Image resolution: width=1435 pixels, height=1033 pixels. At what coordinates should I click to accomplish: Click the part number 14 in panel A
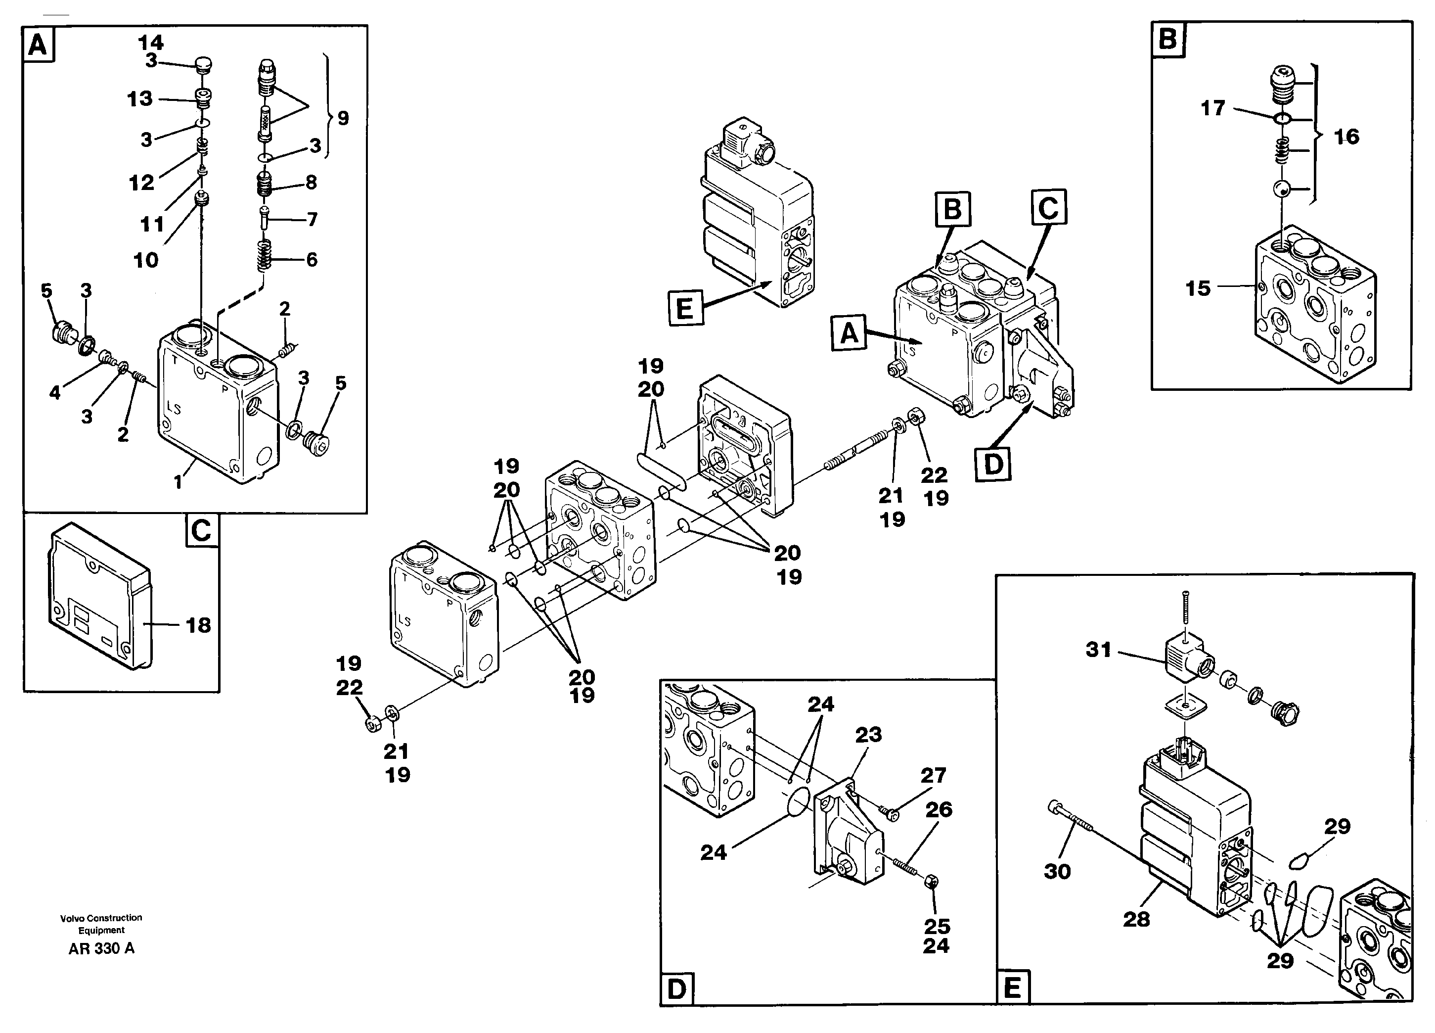pyautogui.click(x=151, y=43)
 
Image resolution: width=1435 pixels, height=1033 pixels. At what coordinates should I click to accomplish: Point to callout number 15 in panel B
pyautogui.click(x=1197, y=288)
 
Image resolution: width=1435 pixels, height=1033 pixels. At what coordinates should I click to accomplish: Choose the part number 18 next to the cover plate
pyautogui.click(x=198, y=625)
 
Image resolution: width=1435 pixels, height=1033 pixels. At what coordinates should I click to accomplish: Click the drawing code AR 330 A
pyautogui.click(x=101, y=948)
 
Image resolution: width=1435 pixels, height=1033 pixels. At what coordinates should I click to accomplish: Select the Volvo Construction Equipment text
pyautogui.click(x=101, y=924)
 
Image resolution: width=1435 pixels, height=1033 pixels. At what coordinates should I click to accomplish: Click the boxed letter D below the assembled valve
pyautogui.click(x=993, y=464)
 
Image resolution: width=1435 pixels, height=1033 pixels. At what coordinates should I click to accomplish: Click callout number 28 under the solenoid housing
pyautogui.click(x=1136, y=919)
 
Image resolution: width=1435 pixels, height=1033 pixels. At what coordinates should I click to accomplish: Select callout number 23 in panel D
pyautogui.click(x=868, y=735)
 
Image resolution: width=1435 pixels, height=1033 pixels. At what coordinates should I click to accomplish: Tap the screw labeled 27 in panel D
pyautogui.click(x=890, y=813)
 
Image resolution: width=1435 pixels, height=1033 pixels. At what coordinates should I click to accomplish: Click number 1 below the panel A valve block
pyautogui.click(x=178, y=483)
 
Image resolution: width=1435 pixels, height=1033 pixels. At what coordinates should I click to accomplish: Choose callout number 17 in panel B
pyautogui.click(x=1212, y=108)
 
